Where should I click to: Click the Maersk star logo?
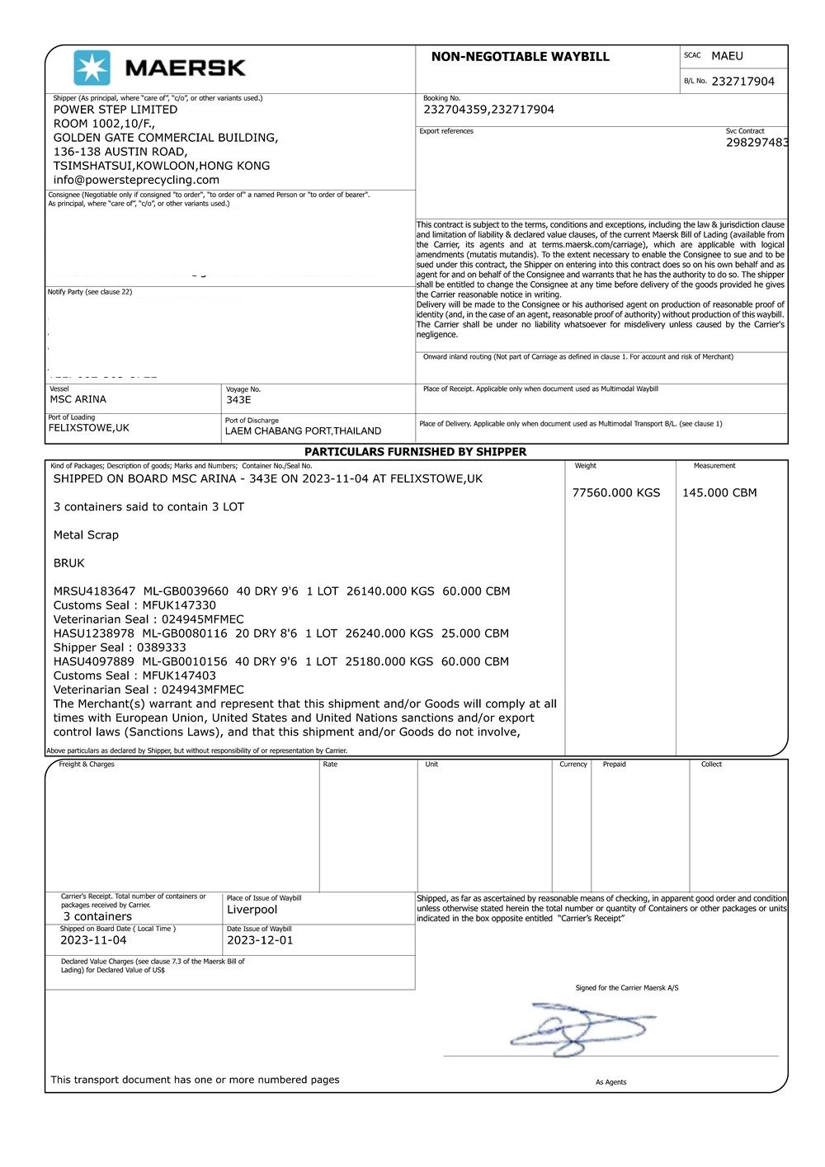pos(92,68)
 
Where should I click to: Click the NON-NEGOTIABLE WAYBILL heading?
pos(520,57)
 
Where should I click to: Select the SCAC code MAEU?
pos(727,56)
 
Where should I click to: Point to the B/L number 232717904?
pos(742,82)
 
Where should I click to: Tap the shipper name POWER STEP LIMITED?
pos(115,110)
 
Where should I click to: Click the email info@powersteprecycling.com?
pos(136,180)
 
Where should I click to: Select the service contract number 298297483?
pos(757,143)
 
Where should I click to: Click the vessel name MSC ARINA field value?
pos(78,399)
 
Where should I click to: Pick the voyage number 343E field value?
pos(238,400)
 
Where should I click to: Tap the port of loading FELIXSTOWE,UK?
pos(89,428)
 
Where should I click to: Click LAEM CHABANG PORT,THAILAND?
pos(303,431)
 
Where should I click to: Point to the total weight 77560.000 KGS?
pos(616,493)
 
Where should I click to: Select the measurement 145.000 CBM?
pos(719,493)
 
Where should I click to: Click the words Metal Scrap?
pos(86,535)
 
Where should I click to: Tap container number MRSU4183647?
pos(94,591)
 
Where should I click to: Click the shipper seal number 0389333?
pos(162,647)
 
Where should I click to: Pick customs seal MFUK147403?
pos(179,675)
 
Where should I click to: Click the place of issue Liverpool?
pos(252,910)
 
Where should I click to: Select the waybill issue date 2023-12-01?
pos(260,940)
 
